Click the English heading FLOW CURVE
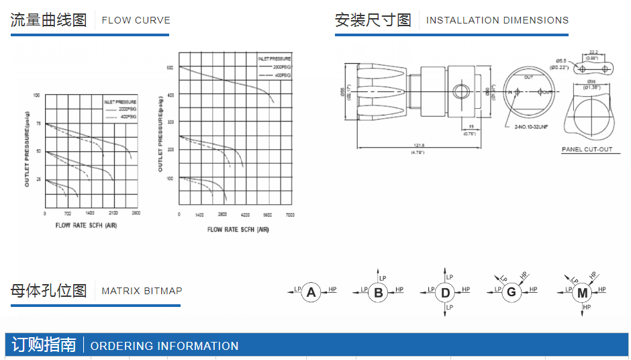pos(136,20)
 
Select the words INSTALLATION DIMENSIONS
pos(497,20)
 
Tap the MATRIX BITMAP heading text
pos(142,291)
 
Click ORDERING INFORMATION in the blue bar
pos(164,346)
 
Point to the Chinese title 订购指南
pos(44,345)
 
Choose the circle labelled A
pos(311,292)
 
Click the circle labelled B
pos(379,292)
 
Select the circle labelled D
pos(446,292)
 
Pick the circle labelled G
pos(512,292)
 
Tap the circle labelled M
pos(582,293)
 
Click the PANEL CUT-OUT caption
pos(587,150)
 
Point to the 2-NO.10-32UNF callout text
pos(531,126)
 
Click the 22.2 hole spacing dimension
pos(593,52)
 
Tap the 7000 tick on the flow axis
pos(289,215)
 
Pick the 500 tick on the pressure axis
pos(170,68)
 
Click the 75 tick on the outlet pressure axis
pos(38,124)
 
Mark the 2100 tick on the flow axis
pos(113,213)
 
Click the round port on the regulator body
pos(461,91)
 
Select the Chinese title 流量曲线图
pos(48,20)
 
